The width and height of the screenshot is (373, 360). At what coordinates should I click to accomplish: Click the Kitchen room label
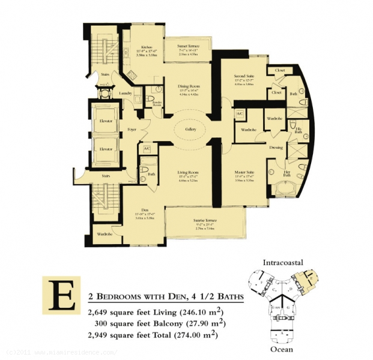pyautogui.click(x=145, y=47)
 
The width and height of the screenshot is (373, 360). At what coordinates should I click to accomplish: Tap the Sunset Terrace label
pyautogui.click(x=188, y=46)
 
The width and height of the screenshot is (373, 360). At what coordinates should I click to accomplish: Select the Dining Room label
pyautogui.click(x=188, y=86)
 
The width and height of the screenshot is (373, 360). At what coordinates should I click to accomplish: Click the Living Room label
pyautogui.click(x=187, y=172)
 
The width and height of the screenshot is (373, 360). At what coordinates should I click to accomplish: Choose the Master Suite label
pyautogui.click(x=244, y=172)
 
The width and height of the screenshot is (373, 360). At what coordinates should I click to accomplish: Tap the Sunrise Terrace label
pyautogui.click(x=205, y=220)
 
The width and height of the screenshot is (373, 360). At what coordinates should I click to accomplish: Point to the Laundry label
pyautogui.click(x=125, y=94)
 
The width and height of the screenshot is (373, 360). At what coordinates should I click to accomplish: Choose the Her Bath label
pyautogui.click(x=287, y=173)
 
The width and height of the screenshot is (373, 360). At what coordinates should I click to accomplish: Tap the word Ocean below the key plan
pyautogui.click(x=282, y=348)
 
